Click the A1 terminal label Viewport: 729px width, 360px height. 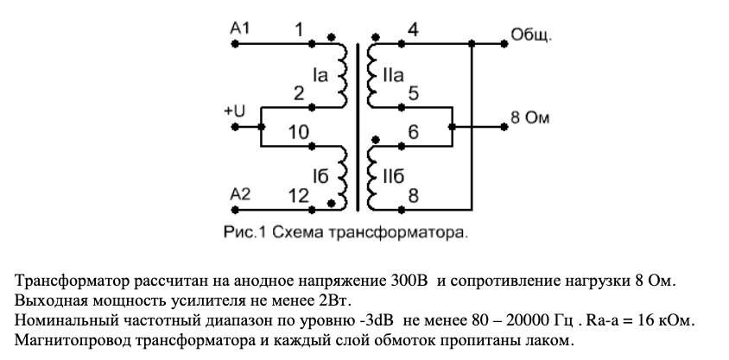tap(240, 28)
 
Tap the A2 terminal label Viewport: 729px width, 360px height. tap(240, 193)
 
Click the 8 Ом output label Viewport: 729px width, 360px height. tap(530, 117)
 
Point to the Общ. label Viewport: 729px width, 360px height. tap(531, 35)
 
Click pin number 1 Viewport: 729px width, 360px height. tap(300, 30)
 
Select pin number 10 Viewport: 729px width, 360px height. tap(299, 132)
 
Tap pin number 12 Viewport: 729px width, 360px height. tap(299, 196)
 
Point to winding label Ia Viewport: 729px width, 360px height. tap(321, 75)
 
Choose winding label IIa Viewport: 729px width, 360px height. tap(393, 75)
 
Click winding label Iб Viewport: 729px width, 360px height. tap(321, 176)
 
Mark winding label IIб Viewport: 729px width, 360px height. tap(394, 176)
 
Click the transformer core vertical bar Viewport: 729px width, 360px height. tap(358, 127)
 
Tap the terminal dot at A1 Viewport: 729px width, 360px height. tap(235, 44)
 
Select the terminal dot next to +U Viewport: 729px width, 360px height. tap(235, 126)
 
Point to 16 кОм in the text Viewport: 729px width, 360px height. tap(669, 321)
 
